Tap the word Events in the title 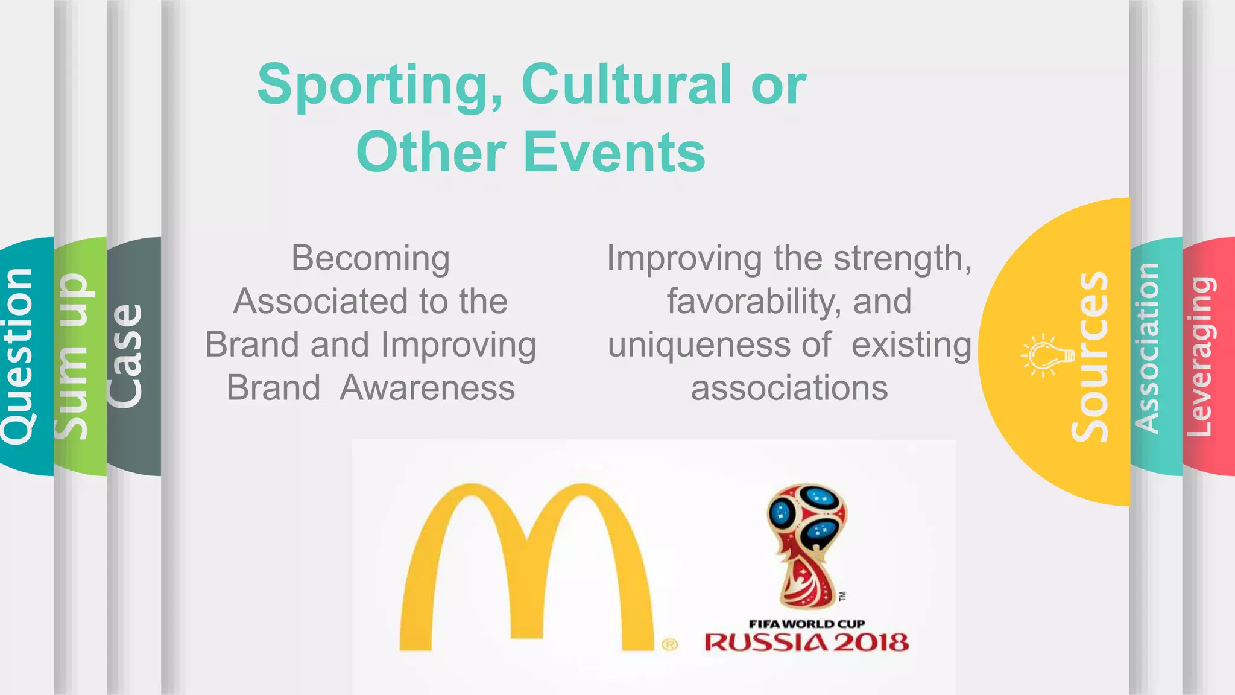click(614, 152)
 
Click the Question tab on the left click(18, 356)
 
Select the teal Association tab click(1147, 349)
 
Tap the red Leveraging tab click(1200, 356)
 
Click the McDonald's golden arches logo click(526, 567)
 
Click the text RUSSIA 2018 click(807, 643)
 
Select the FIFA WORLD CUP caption click(807, 624)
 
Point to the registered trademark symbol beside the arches click(670, 644)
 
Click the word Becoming click(370, 258)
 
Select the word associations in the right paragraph click(789, 388)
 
